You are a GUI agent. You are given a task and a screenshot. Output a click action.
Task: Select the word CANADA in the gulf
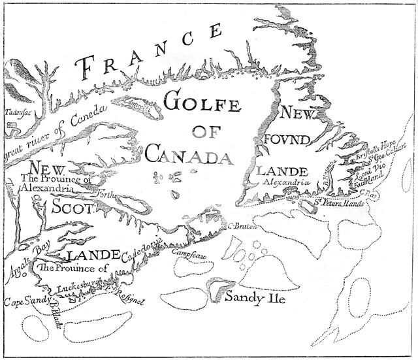tap(180, 155)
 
